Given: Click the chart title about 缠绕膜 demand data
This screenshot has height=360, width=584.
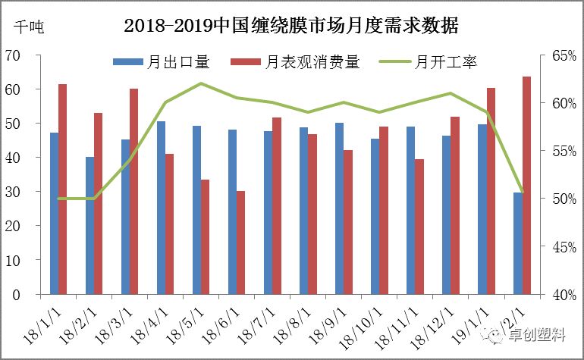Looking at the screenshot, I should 291,27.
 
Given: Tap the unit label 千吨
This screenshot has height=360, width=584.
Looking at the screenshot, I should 29,28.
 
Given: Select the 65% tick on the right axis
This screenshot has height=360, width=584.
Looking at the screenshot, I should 559,55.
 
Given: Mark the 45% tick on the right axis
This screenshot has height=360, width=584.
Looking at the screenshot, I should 559,246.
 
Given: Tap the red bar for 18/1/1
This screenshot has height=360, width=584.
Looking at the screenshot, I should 63,189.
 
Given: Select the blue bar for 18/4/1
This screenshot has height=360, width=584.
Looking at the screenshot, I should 161,208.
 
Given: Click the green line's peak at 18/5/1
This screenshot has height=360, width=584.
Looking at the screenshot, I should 201,83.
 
